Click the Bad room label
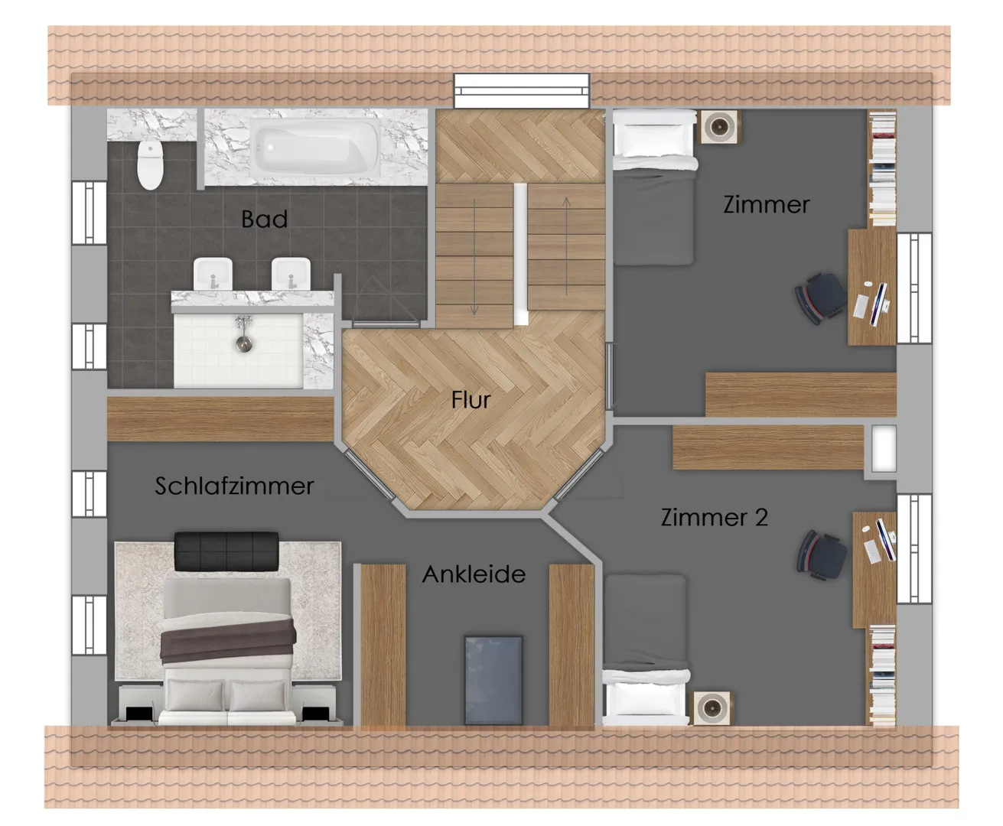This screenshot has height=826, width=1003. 264,219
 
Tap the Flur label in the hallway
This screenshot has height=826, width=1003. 471,399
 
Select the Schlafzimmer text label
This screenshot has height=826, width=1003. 234,486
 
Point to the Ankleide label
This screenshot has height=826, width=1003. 474,574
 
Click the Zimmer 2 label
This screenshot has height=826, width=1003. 715,517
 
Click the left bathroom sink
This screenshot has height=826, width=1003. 213,274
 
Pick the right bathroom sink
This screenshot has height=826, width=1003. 291,274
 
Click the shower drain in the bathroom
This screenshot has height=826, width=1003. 244,343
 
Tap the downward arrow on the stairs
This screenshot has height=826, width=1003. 474,257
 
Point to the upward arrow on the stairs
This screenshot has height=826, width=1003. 567,246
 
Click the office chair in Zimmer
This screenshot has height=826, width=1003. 819,298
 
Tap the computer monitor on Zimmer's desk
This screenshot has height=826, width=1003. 880,304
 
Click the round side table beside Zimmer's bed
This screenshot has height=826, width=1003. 719,127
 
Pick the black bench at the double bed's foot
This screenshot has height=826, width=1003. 226,551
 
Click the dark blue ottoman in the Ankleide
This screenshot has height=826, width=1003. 493,680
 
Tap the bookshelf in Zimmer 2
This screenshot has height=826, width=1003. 882,675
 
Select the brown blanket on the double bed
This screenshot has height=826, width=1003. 227,640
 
